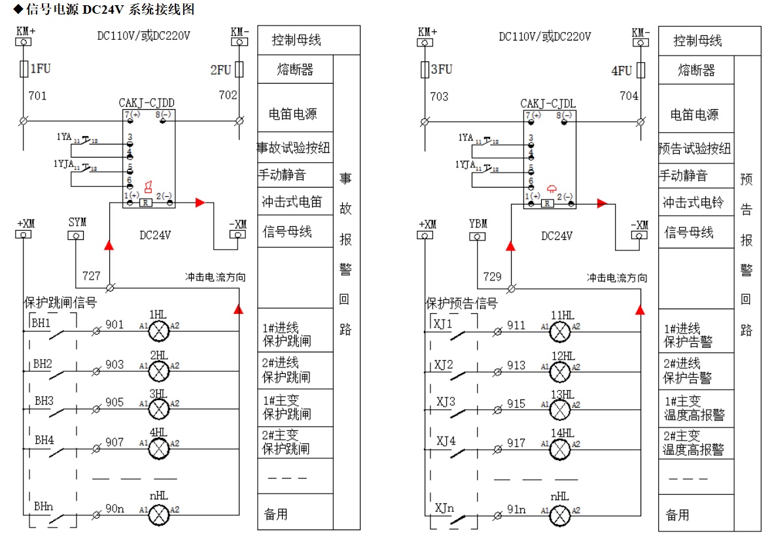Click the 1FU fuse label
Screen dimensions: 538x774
[x=39, y=69]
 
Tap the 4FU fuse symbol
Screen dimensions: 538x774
[x=641, y=70]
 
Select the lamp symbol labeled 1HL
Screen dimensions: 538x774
[x=158, y=332]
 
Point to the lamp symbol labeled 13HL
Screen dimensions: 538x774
[x=559, y=409]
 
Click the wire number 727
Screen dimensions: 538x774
[x=92, y=276]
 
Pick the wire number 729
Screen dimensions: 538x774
[x=493, y=277]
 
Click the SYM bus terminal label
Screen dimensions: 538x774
[x=77, y=222]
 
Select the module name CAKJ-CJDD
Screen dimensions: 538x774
[x=147, y=103]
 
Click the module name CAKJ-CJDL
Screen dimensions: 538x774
[x=548, y=103]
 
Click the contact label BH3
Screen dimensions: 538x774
[x=44, y=401]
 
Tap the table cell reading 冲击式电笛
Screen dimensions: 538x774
[x=295, y=202]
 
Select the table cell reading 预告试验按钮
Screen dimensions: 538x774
[x=695, y=149]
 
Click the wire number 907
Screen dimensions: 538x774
[x=114, y=443]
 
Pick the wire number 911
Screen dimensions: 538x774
[x=516, y=325]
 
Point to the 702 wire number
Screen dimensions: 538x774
[x=228, y=95]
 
